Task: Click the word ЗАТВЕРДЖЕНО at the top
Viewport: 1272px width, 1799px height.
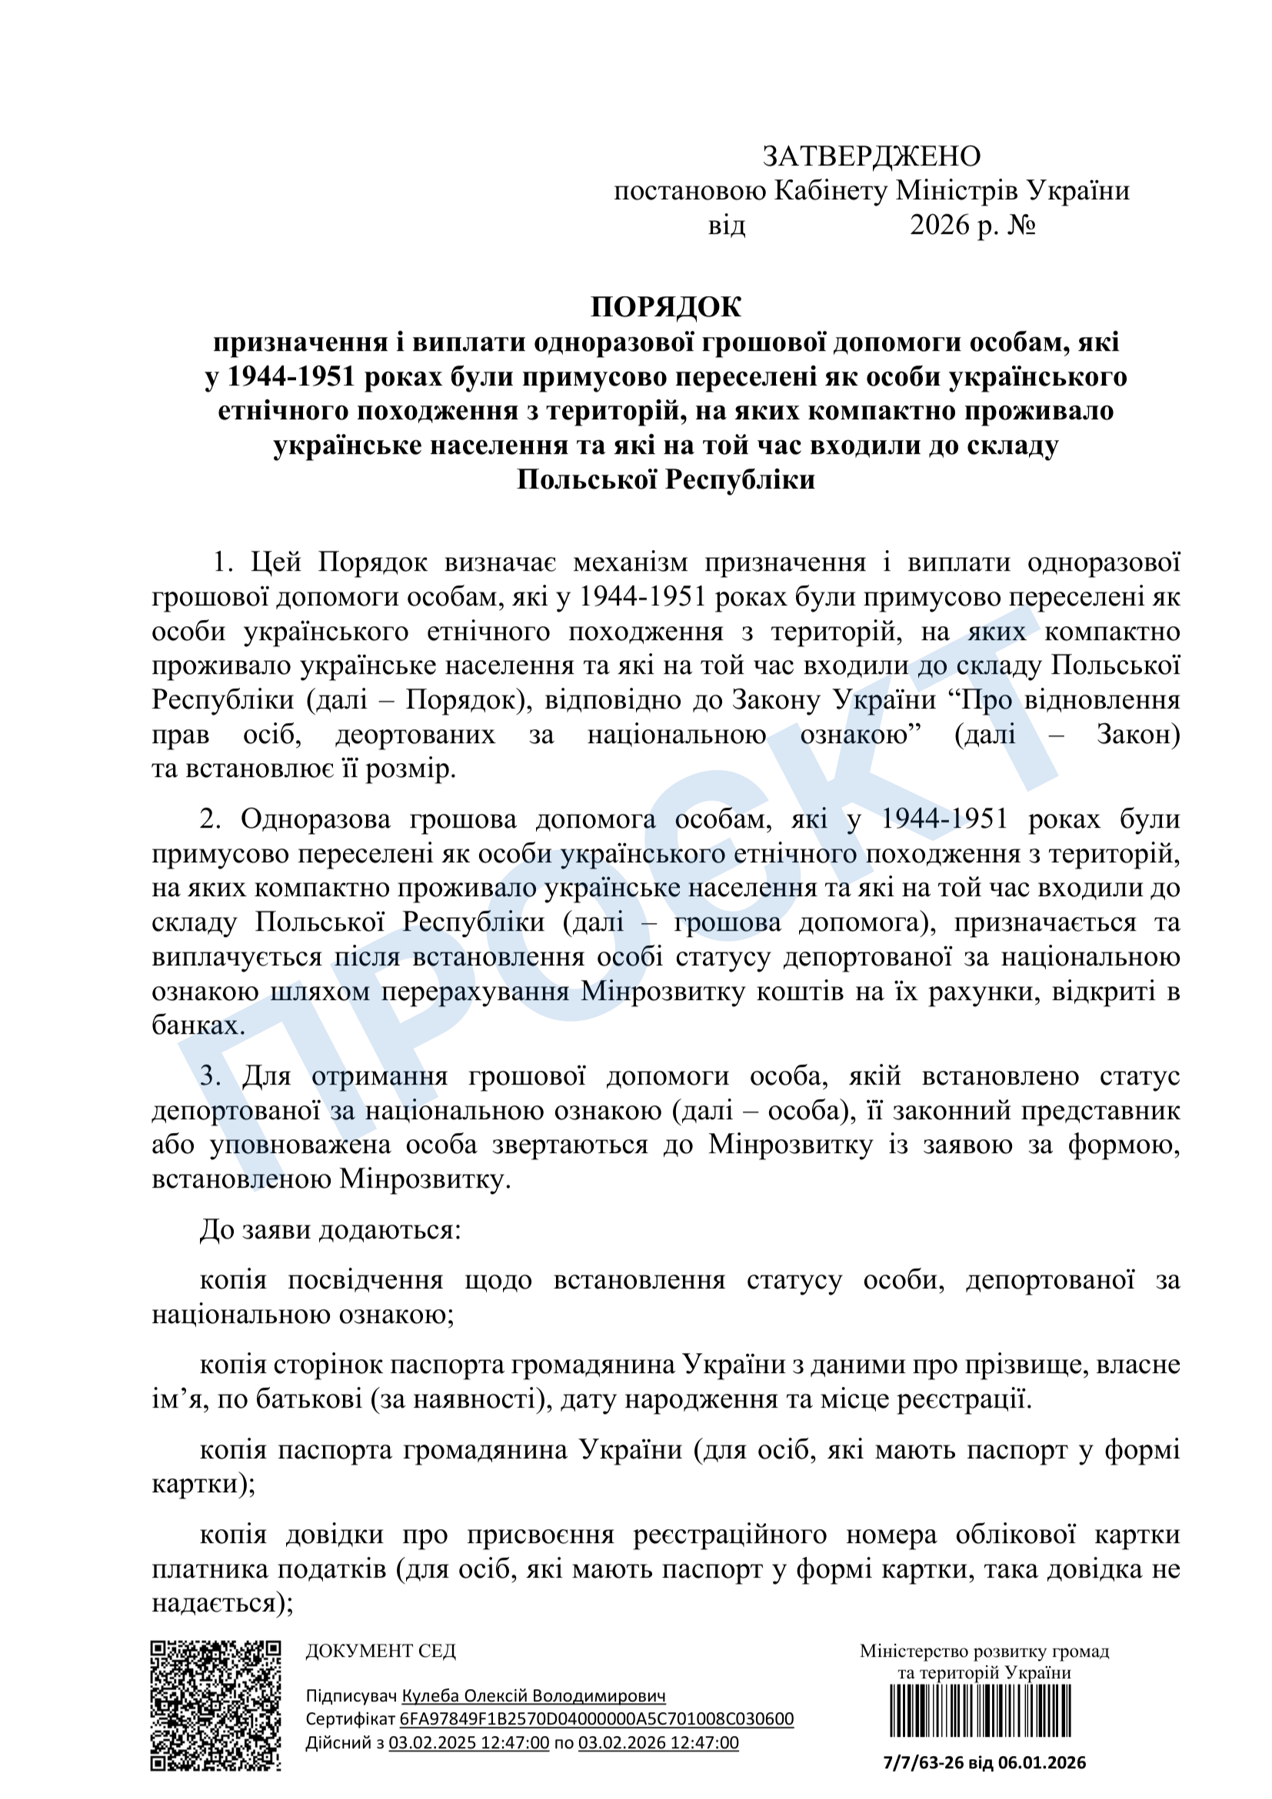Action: (871, 157)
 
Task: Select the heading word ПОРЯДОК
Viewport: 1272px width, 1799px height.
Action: (665, 307)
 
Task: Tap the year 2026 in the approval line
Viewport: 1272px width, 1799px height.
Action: (939, 225)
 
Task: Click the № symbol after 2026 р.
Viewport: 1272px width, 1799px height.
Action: (1021, 225)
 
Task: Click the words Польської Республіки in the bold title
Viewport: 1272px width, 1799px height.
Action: (665, 479)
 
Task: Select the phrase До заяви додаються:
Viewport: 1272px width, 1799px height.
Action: (331, 1229)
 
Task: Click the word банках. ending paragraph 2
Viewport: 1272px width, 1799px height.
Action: (198, 1024)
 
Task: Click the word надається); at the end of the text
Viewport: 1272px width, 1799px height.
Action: (222, 1603)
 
